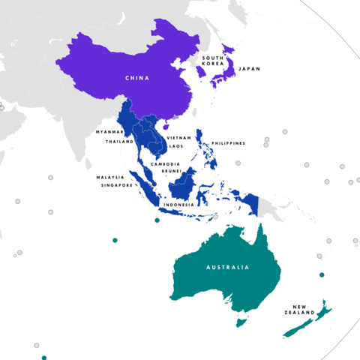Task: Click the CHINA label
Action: coord(137,77)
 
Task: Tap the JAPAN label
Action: coord(249,69)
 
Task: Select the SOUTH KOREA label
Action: coord(212,61)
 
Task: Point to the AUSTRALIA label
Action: coord(228,267)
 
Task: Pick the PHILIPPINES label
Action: coord(227,142)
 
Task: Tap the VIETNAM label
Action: coord(179,138)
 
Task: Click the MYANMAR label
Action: coord(109,132)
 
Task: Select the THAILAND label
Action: coord(119,141)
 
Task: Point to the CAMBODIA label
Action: coord(164,163)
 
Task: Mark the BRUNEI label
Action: coord(170,171)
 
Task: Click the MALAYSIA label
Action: coord(109,178)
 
